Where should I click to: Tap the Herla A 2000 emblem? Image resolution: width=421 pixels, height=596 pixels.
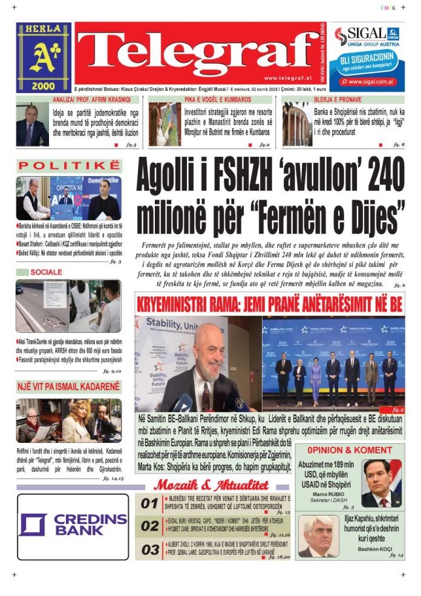pos(43,57)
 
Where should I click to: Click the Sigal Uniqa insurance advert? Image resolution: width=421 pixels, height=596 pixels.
pos(368,57)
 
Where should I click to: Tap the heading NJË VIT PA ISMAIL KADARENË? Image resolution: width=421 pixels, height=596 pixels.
pos(68,386)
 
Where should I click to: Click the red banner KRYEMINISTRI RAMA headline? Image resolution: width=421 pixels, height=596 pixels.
pos(270,304)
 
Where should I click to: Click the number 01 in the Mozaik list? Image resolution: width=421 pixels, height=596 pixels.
pos(149,503)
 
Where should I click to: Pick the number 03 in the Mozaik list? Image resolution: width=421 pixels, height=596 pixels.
pos(149,549)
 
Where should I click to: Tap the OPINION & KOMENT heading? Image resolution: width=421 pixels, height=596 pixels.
pos(349,450)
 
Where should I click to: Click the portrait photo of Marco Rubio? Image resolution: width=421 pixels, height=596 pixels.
pos(382,483)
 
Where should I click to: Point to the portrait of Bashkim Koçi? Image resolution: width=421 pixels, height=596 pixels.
pos(318,536)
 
